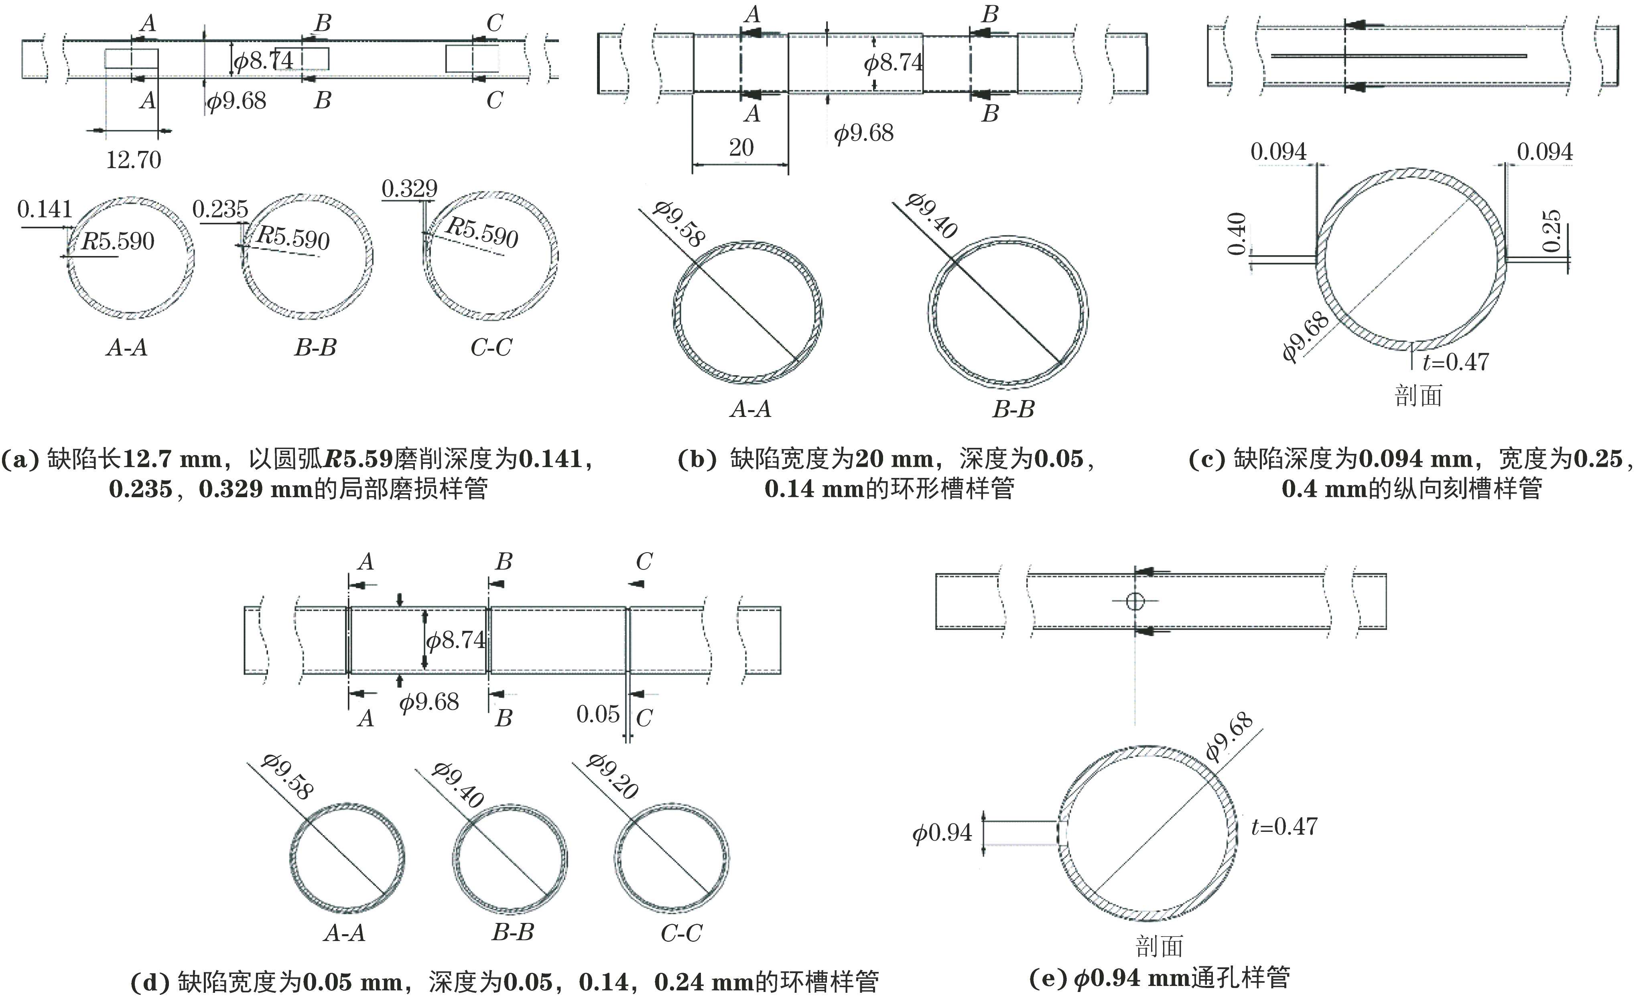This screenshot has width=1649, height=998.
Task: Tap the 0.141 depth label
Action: [44, 209]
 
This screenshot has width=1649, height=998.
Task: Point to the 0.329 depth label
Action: [409, 189]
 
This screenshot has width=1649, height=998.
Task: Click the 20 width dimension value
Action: [741, 147]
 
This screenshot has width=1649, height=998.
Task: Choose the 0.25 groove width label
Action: [1551, 231]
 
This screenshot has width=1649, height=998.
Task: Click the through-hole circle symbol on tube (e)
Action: [1134, 600]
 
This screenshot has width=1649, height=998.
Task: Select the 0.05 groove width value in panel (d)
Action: [598, 714]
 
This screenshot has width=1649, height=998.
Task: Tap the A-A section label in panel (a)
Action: [126, 348]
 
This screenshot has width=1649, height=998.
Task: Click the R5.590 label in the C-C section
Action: [482, 232]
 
